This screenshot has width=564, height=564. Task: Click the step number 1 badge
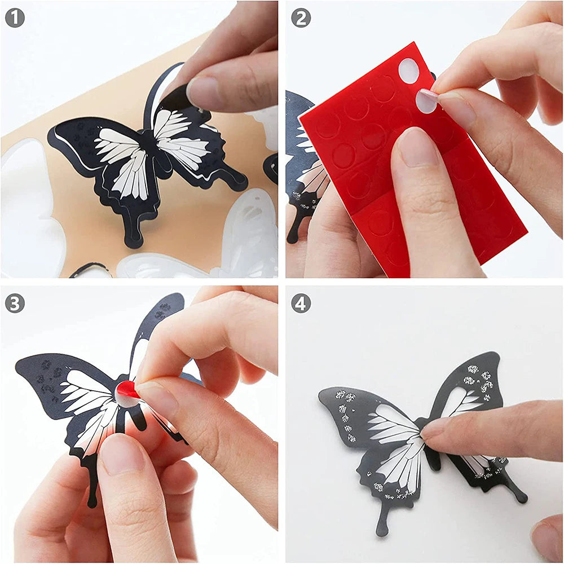(15, 19)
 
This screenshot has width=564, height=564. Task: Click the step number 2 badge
(301, 19)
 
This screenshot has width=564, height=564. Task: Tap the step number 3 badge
(15, 303)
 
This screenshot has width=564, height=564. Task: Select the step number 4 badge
(301, 303)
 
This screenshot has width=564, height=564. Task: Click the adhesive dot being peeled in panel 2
(426, 100)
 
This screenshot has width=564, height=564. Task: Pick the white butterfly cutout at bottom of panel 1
(169, 265)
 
